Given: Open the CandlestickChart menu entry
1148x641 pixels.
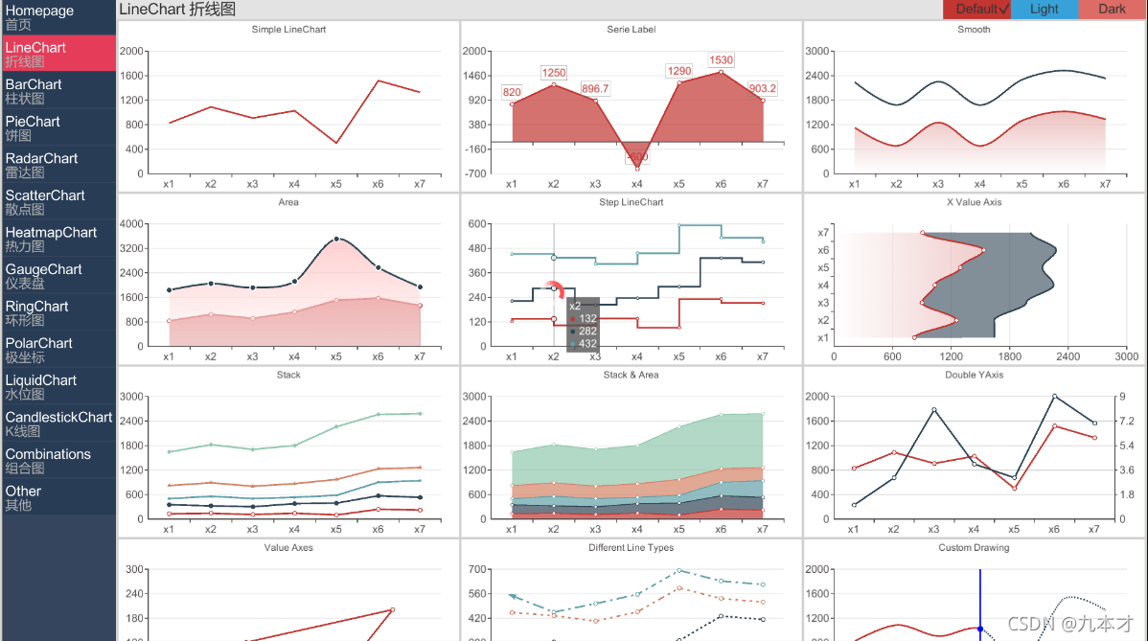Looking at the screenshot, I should (x=57, y=424).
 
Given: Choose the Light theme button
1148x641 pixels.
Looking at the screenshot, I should (x=1045, y=10).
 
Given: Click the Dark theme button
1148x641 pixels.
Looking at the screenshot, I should (x=1112, y=10).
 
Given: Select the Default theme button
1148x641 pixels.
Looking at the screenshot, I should (x=977, y=10).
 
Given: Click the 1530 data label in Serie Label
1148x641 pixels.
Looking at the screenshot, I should (x=721, y=60).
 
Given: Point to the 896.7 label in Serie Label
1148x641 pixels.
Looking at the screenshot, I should (x=595, y=89).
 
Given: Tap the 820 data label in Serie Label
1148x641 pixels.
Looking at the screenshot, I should (x=512, y=93).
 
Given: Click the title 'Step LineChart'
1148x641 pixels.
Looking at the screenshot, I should (x=631, y=202).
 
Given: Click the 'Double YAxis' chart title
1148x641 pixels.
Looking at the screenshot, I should (x=974, y=375).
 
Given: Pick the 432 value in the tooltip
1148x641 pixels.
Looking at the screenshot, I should (x=587, y=344).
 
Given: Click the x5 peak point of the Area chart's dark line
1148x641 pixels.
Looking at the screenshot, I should (x=336, y=239).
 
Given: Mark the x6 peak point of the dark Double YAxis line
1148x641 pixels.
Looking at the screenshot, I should (x=1054, y=396).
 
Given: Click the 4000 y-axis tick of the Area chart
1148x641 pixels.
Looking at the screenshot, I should (x=132, y=224).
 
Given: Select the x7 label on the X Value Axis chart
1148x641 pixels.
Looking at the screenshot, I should (x=823, y=233).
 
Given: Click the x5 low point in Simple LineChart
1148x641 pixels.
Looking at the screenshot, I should (x=336, y=143).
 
